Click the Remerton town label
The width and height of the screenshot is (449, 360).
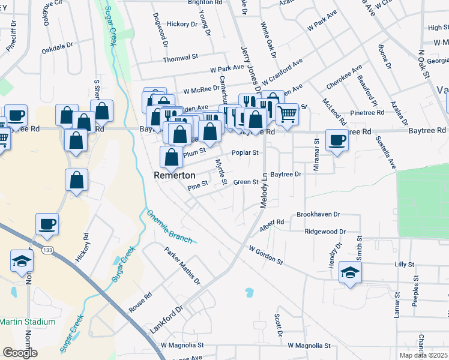tap(175, 175)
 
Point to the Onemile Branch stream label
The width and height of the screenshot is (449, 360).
tap(169, 226)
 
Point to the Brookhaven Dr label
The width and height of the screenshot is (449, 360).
tap(318, 214)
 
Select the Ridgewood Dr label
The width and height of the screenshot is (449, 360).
tap(325, 231)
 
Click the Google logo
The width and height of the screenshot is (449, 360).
tap(20, 353)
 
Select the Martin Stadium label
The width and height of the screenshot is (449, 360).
tap(28, 322)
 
